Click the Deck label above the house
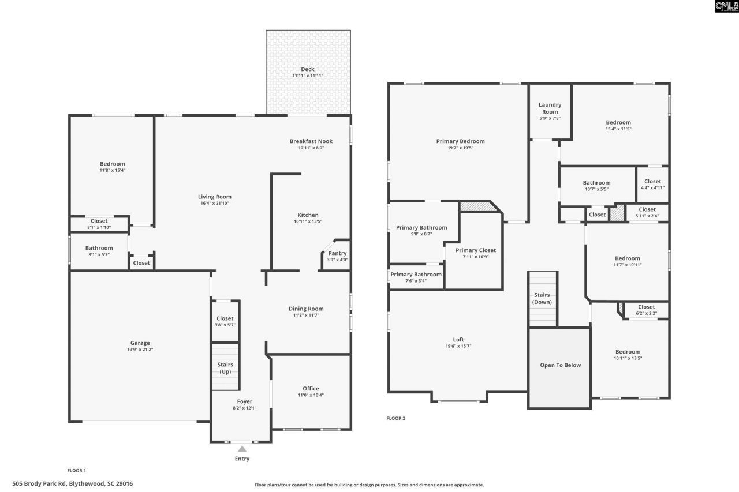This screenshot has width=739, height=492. pos(308,69)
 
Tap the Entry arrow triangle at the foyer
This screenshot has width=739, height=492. pos(242,449)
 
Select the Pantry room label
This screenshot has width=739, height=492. pos(337,253)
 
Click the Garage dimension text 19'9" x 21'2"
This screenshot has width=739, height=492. pos(140,350)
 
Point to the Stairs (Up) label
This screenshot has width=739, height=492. pos(225,368)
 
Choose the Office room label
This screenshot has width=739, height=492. pos(311,388)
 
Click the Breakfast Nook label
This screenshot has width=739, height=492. pos(311,141)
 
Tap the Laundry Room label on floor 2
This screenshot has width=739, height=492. pos(550,108)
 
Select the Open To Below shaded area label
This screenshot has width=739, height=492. pos(560,365)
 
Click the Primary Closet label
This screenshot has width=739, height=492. pos(475,250)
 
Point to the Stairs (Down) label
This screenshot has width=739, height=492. pos(542,298)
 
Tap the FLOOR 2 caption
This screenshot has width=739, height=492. pos(395,418)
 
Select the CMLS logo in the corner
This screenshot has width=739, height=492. pos(726,6)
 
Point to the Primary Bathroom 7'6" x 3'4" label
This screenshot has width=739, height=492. pos(416,275)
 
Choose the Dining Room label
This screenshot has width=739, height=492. pos(306,309)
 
